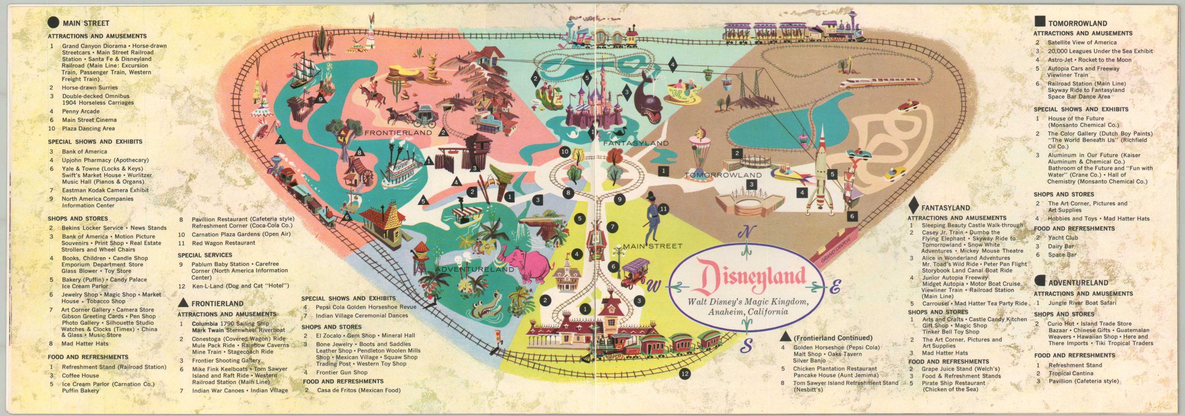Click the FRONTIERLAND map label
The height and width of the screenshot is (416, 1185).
398,133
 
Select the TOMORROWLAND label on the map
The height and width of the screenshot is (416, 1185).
723,175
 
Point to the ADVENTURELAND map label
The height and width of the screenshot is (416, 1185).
474,269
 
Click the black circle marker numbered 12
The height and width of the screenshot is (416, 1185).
685,373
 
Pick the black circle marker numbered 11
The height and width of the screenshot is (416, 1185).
663,209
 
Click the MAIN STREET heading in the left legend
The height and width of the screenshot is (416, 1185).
86,23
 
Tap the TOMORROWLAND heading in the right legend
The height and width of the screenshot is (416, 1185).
1077,23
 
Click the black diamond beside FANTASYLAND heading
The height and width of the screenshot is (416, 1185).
913,206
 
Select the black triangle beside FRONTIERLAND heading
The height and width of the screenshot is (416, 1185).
184,303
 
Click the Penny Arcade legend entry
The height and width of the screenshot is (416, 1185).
81,111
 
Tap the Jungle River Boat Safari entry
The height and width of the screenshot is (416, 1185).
1082,303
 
